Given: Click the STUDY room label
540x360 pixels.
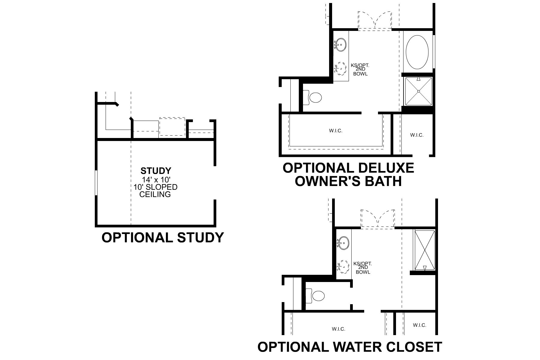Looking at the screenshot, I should [156, 171].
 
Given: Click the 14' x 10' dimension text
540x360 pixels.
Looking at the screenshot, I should [156, 179].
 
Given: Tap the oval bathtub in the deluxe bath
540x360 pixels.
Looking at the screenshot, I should [417, 52].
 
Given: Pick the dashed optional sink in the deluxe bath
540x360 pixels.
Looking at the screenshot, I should [341, 68].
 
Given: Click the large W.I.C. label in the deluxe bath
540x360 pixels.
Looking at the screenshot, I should [335, 131].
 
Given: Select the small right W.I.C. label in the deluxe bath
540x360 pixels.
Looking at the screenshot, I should [417, 135].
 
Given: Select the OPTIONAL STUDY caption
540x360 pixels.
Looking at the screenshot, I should [163, 238].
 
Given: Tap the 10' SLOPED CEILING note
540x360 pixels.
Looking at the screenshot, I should [155, 190].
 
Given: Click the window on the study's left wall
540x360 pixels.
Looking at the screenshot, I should [96, 183].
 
